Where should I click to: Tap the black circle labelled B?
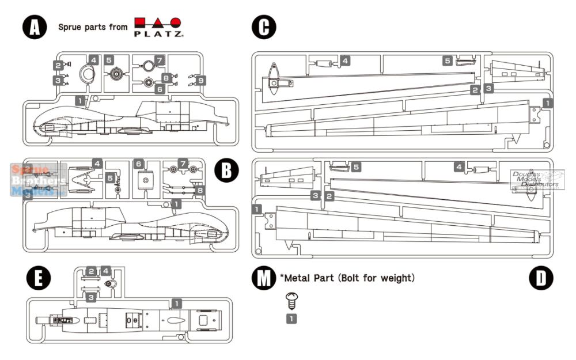[x=226, y=170]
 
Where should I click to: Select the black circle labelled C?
[x=264, y=27]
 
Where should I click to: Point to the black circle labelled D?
[x=540, y=278]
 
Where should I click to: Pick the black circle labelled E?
[x=39, y=278]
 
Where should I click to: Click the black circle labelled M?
[x=264, y=278]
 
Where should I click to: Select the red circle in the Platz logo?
[x=176, y=23]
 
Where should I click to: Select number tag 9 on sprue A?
[x=200, y=81]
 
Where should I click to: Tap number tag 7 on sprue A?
[x=160, y=60]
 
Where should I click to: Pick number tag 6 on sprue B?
[x=138, y=164]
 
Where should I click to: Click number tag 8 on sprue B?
[x=200, y=190]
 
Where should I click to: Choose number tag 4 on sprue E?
[x=105, y=270]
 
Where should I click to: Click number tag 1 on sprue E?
[x=177, y=302]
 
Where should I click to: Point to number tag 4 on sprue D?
[x=459, y=167]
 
